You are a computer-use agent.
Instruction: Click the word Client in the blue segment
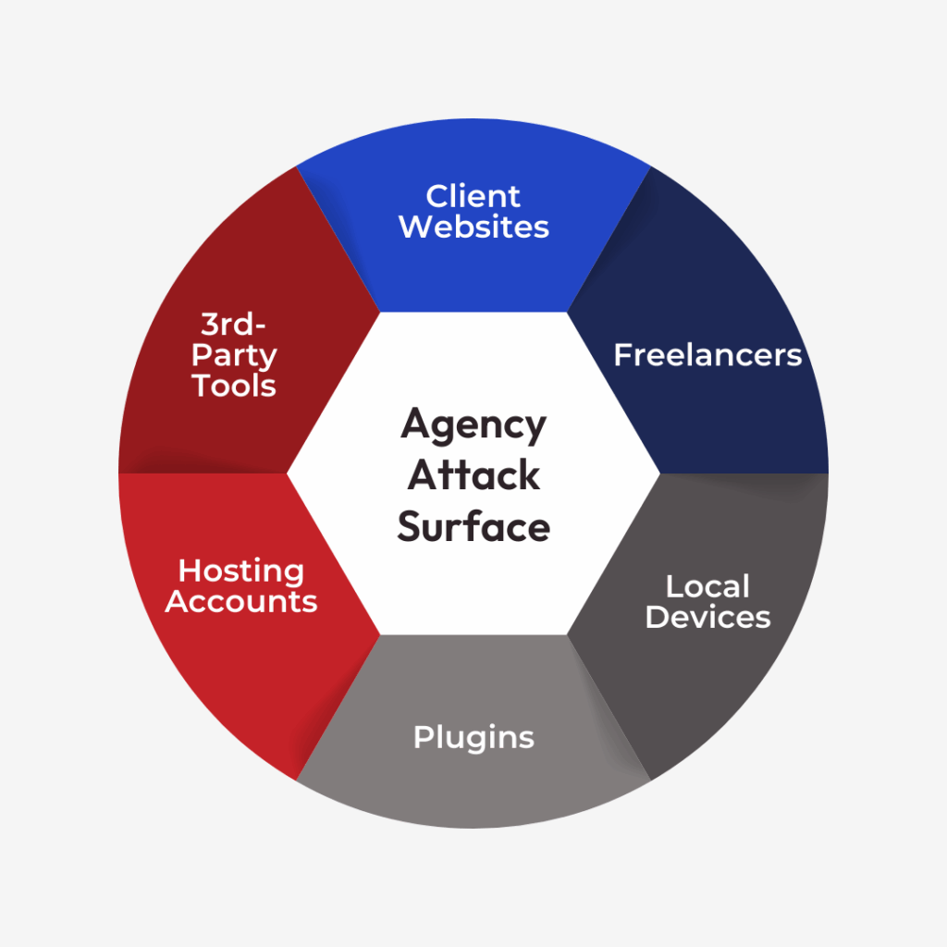tap(473, 196)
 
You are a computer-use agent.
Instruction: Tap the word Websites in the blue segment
tap(473, 227)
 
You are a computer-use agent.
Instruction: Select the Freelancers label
tap(707, 355)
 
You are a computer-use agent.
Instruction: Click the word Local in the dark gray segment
tap(707, 586)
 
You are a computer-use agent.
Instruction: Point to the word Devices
tap(707, 617)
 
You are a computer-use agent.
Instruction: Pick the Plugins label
tap(473, 737)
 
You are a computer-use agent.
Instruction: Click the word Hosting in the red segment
tap(240, 571)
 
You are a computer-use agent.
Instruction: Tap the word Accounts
tap(240, 601)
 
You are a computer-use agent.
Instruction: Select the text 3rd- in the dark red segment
tap(234, 326)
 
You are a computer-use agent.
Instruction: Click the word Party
tap(234, 356)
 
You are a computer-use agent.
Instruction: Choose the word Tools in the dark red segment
tap(234, 386)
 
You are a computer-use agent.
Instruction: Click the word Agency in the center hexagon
tap(473, 424)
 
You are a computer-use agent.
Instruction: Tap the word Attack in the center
tap(473, 475)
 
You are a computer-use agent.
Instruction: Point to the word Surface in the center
tap(473, 527)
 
